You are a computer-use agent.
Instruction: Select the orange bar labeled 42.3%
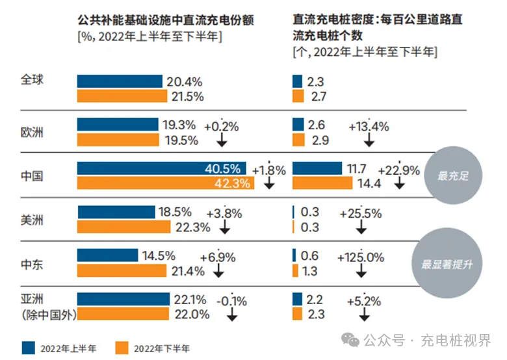coord(166,183)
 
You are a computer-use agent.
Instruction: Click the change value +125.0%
coord(361,257)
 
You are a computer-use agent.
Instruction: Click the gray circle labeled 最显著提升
coord(446,264)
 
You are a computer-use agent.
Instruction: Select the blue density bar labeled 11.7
coord(317,168)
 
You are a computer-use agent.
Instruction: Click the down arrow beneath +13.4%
coord(369,140)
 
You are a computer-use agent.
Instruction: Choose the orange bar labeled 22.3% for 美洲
coord(123,227)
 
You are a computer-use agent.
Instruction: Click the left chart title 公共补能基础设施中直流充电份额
coord(165,21)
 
